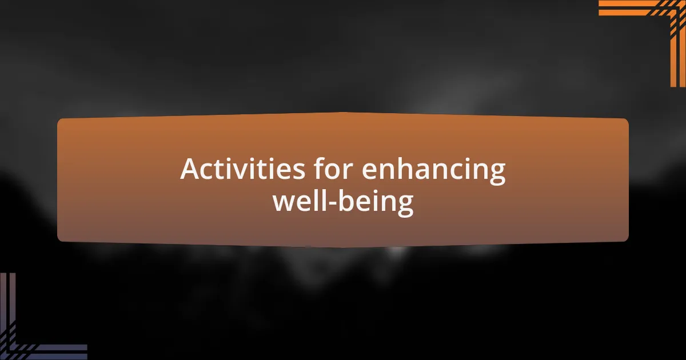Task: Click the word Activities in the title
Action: (x=242, y=169)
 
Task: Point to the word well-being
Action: (x=343, y=202)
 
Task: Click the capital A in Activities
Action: (x=190, y=169)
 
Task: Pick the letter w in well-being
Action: (x=285, y=203)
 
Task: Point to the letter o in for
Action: (x=335, y=171)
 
